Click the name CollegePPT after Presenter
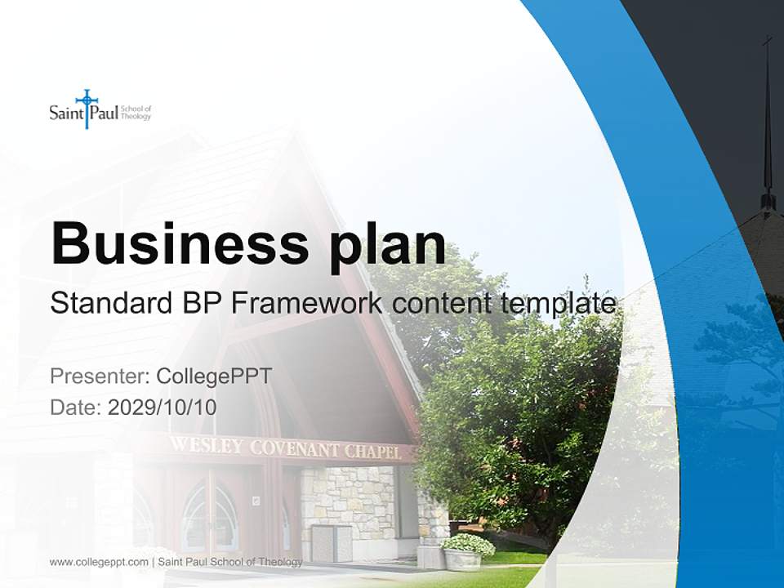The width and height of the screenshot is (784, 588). tap(214, 376)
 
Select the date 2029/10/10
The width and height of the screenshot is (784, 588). tap(162, 407)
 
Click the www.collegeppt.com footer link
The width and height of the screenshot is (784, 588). tap(99, 562)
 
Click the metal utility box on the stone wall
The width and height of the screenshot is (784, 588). tap(332, 541)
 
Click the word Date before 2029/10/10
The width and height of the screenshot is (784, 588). tap(73, 407)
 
